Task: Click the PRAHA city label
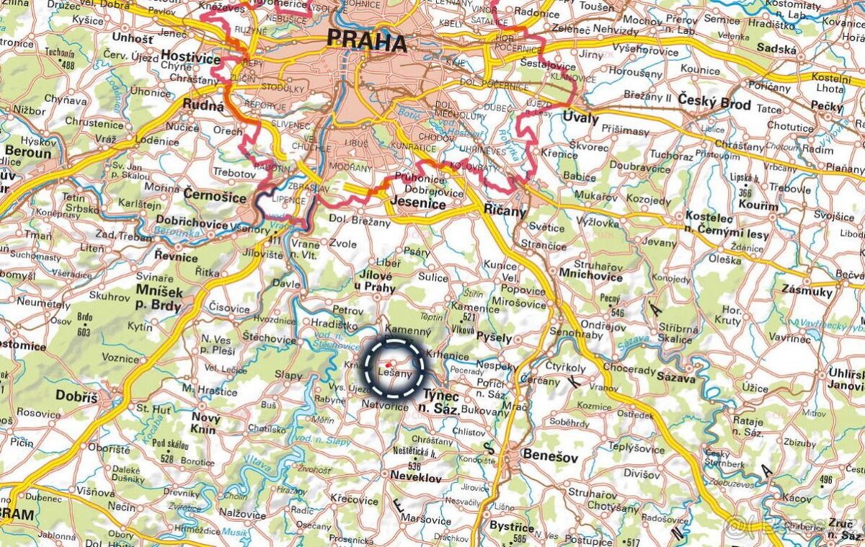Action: (366, 41)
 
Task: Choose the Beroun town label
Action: (27, 153)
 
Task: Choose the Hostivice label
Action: (188, 55)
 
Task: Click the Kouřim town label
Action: (758, 206)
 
